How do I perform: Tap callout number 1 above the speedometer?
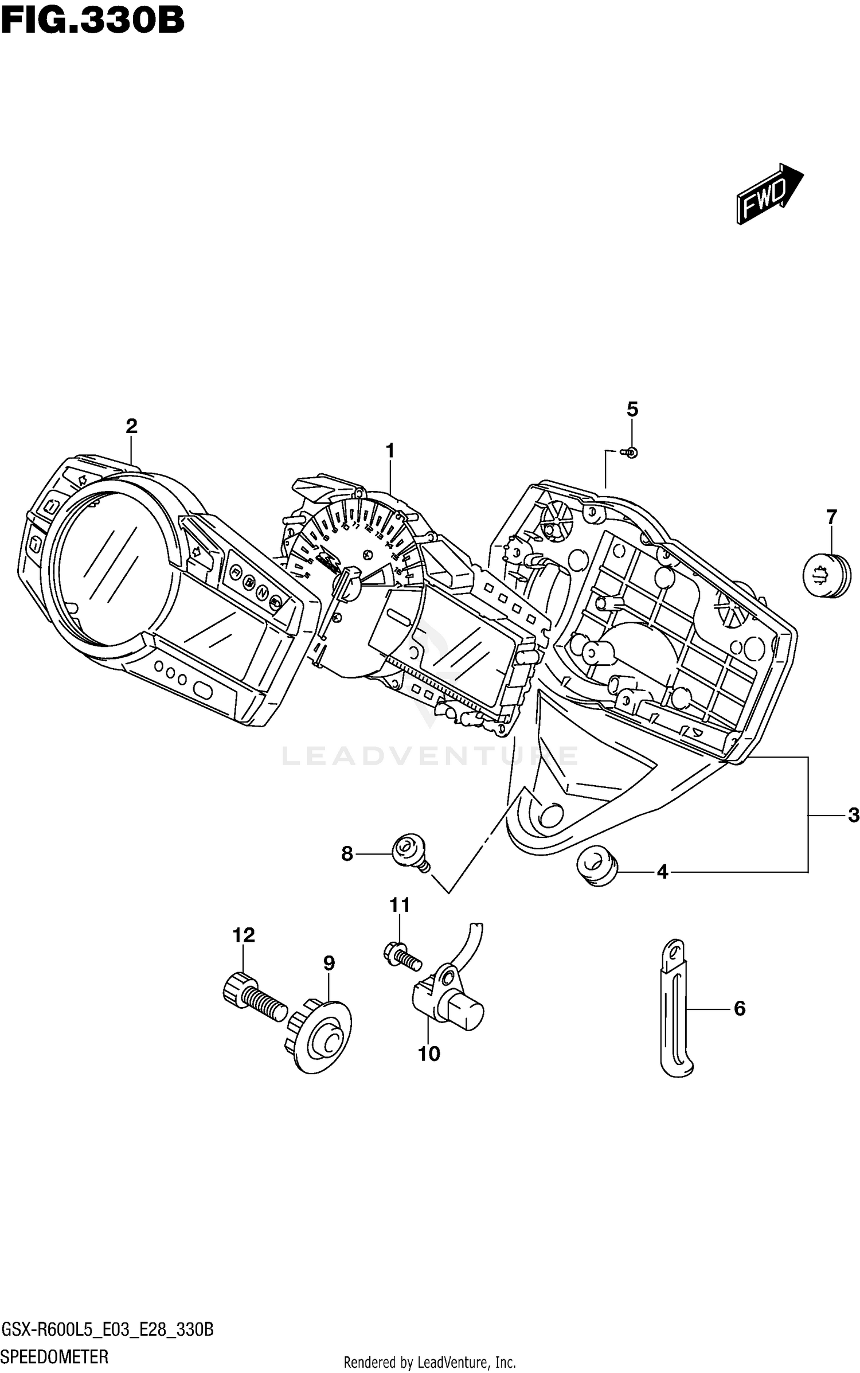(390, 451)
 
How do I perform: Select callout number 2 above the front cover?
(131, 426)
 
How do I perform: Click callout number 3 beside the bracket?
(853, 815)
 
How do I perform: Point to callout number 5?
(631, 409)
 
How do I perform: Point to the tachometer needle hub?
(351, 585)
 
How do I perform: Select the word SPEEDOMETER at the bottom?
(55, 1357)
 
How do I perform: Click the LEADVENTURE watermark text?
(430, 756)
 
